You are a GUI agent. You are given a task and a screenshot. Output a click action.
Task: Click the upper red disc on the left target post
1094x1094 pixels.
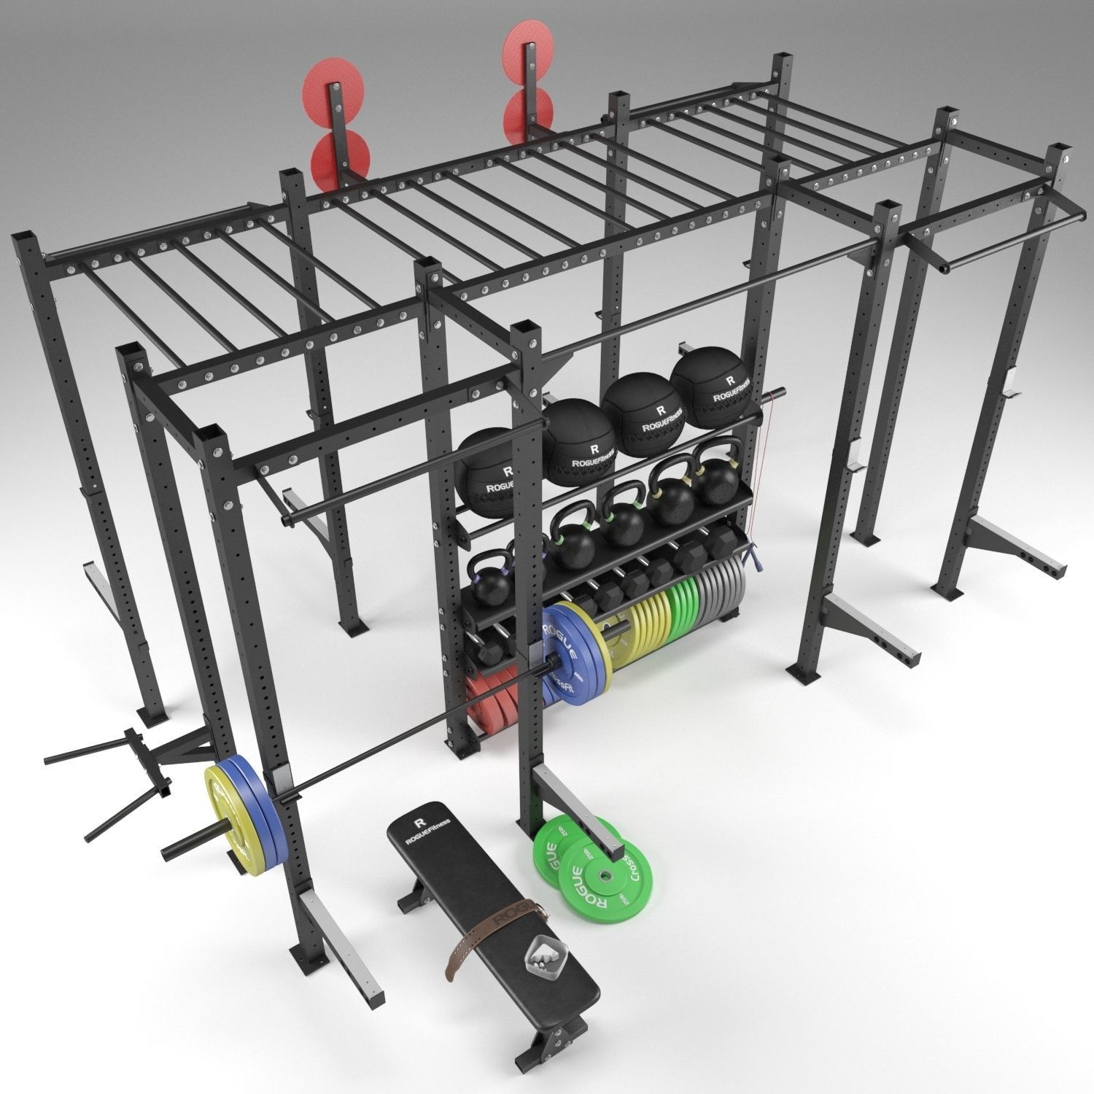321,97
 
